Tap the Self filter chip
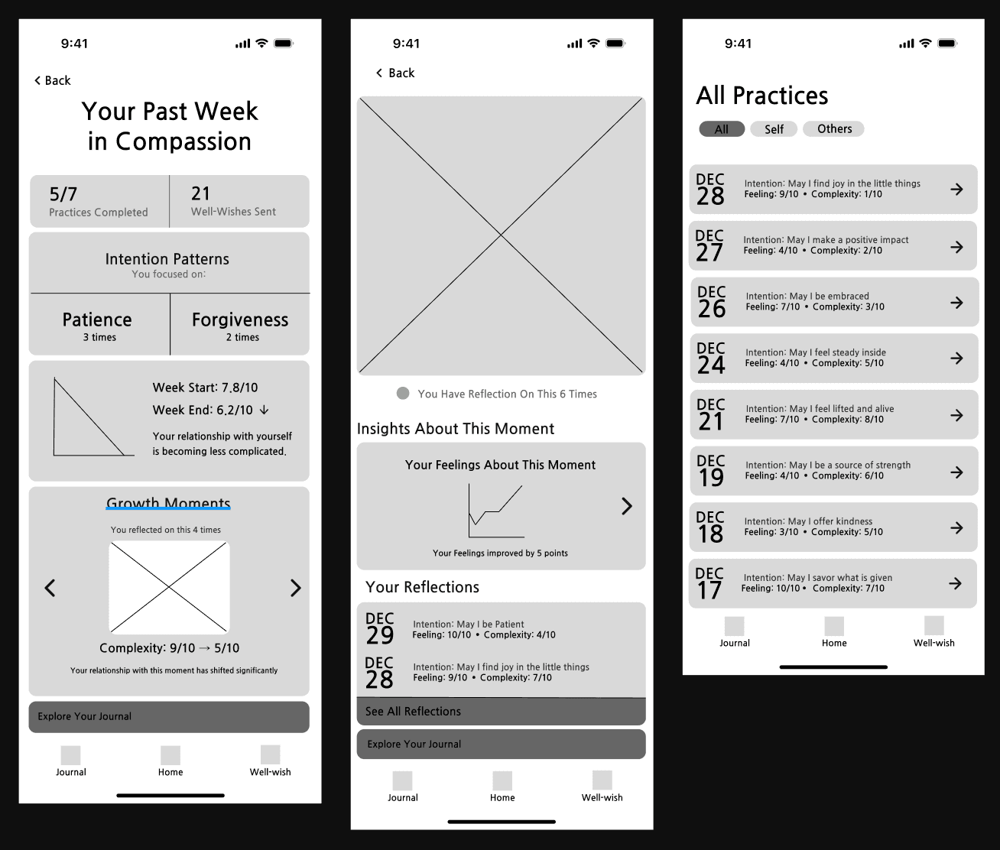point(774,129)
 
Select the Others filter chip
point(833,128)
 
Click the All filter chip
point(722,129)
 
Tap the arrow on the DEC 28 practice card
point(956,189)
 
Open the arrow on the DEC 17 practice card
point(956,583)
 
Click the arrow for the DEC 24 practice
point(956,358)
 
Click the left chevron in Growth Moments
point(50,588)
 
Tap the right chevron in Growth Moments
point(295,588)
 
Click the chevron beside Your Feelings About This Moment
point(626,506)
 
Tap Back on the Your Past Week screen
point(52,80)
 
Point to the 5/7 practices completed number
point(63,194)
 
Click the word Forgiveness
point(240,320)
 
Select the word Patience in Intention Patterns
point(97,320)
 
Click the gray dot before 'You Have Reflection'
point(402,394)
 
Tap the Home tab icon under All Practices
point(834,626)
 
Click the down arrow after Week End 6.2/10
point(265,410)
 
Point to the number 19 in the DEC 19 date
point(711,478)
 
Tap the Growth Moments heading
point(168,503)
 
